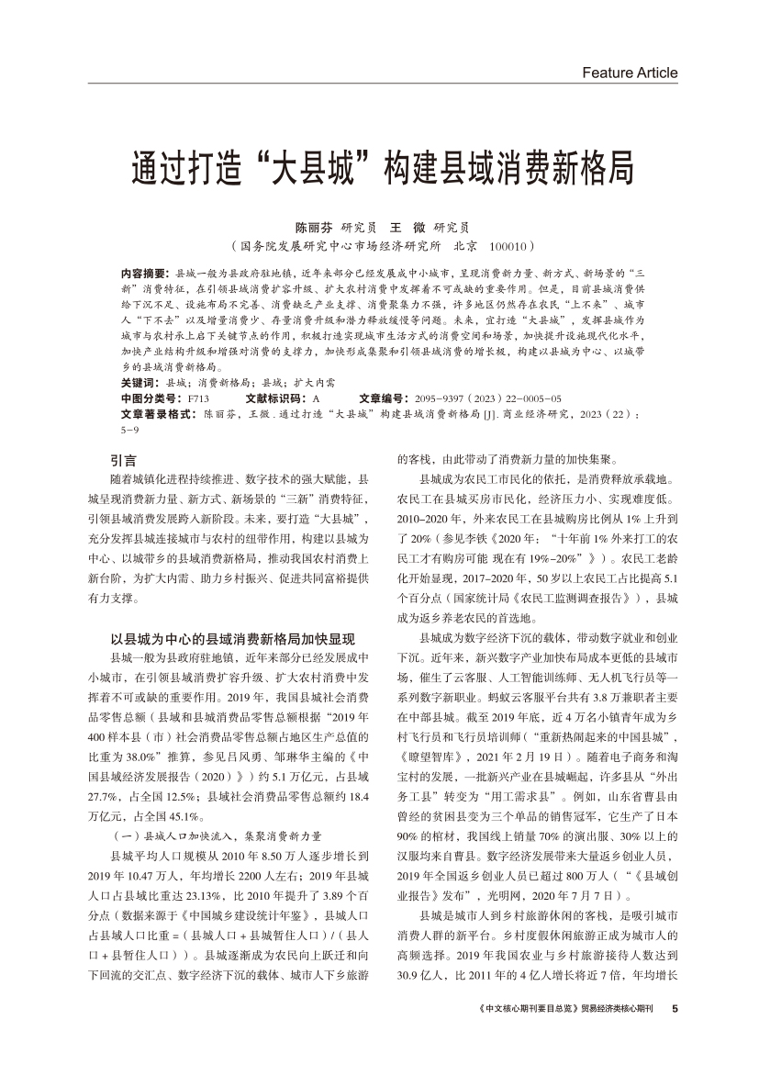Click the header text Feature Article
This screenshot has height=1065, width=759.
tap(630, 73)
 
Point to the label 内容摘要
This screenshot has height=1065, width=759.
tap(145, 274)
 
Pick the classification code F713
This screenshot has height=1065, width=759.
tap(198, 398)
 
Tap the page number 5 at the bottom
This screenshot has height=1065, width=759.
tap(675, 1009)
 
